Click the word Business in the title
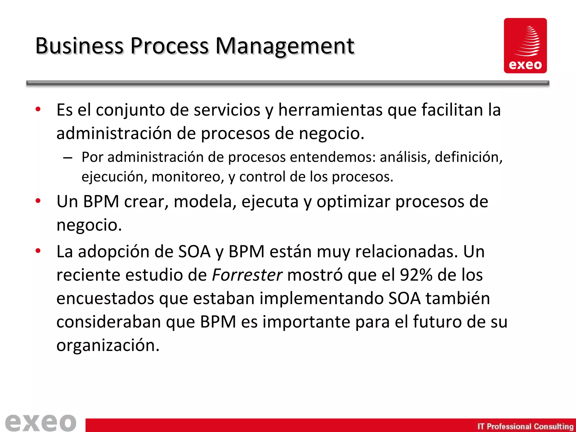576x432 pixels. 79,46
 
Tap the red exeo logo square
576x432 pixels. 525,46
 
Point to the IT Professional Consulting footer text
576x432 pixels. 525,426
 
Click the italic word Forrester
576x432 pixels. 247,275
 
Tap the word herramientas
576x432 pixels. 330,110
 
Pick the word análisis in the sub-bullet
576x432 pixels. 404,157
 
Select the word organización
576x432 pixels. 108,346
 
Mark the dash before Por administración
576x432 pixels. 67,157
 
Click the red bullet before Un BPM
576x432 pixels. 38,201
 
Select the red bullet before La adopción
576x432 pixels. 38,251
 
